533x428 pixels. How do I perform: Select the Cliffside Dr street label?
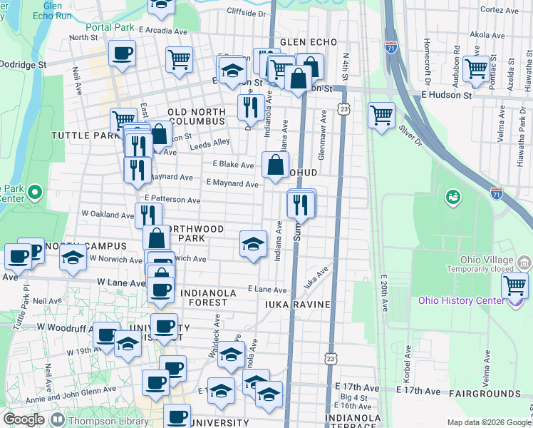point(245,12)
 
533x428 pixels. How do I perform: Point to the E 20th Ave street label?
point(384,292)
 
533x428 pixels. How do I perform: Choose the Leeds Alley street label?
point(210,144)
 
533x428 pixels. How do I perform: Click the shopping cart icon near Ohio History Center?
point(514,285)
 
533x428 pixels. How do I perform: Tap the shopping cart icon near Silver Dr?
point(382,114)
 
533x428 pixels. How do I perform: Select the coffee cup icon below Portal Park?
point(123,53)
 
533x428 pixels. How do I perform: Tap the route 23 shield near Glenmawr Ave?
point(344,108)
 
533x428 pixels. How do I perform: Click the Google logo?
point(24,419)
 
